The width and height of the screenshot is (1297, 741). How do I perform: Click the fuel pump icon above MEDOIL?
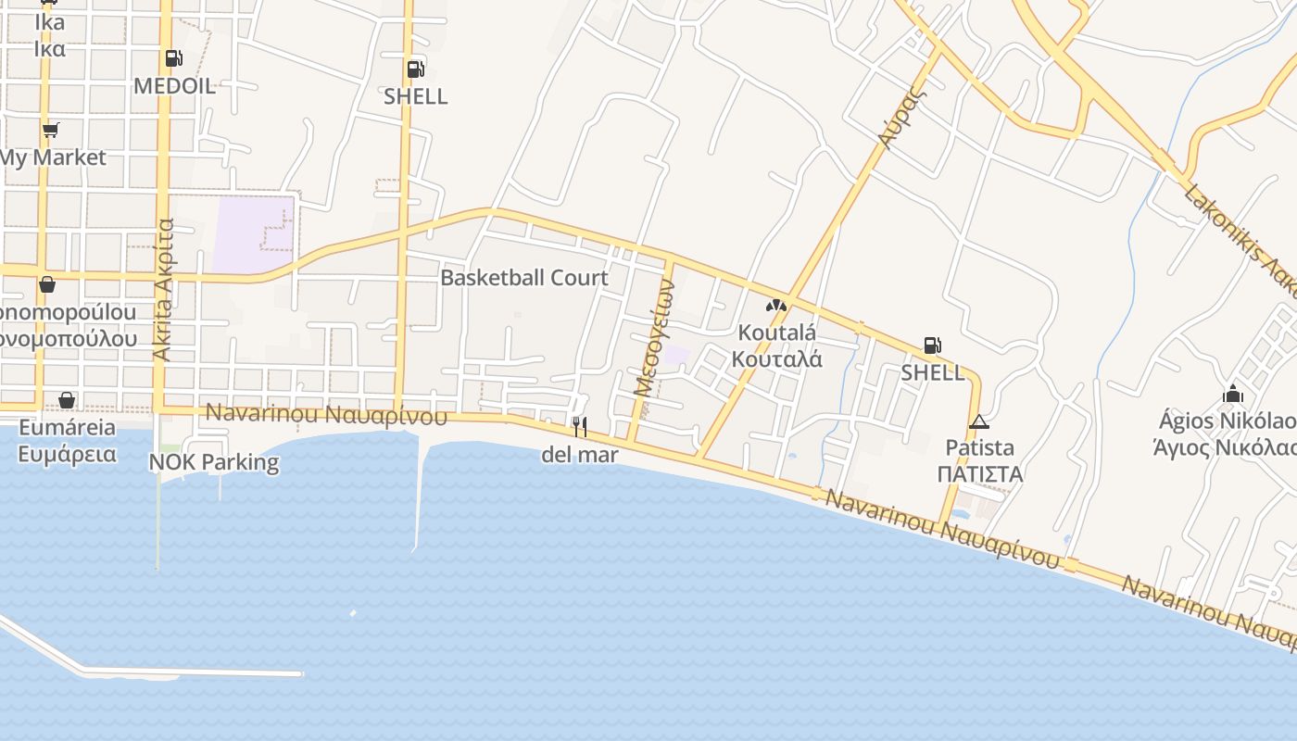(x=173, y=59)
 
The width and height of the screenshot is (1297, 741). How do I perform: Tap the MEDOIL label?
(x=174, y=86)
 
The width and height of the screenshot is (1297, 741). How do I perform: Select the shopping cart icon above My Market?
(x=51, y=130)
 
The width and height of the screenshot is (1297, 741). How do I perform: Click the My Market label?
(x=53, y=157)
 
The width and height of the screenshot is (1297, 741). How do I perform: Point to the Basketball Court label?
(x=524, y=278)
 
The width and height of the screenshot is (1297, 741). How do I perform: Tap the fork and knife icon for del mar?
(x=580, y=426)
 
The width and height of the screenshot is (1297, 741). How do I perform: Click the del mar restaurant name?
(x=580, y=455)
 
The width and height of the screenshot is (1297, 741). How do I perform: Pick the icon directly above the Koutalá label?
(x=776, y=306)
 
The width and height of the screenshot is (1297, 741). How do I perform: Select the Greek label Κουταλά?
(x=776, y=359)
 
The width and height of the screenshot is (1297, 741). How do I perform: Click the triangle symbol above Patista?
(x=979, y=422)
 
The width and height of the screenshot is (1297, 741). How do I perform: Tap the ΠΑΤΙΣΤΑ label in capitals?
(x=979, y=474)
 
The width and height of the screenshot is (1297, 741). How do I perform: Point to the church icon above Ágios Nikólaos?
(x=1233, y=395)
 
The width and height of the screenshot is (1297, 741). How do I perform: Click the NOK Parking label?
(x=214, y=462)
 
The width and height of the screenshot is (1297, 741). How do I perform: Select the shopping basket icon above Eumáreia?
(x=67, y=400)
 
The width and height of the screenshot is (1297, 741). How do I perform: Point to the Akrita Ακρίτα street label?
(x=164, y=289)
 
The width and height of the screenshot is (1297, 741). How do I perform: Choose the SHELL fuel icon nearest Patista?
(x=932, y=346)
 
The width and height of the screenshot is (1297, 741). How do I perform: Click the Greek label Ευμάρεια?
(x=68, y=454)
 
